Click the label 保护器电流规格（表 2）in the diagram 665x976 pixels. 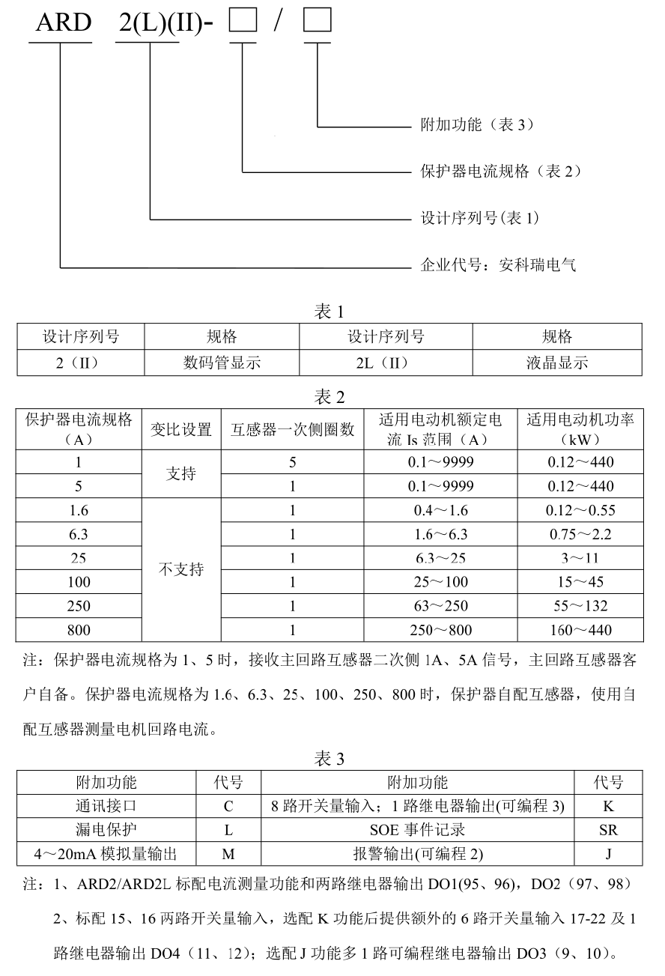point(501,172)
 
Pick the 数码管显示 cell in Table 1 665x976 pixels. point(222,363)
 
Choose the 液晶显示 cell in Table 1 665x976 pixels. point(556,363)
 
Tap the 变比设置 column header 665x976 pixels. point(181,429)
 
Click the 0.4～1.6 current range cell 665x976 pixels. point(440,511)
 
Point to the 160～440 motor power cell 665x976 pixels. point(580,630)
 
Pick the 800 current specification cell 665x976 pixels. point(79,630)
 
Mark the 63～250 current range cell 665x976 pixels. point(440,606)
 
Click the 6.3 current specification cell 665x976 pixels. point(79,535)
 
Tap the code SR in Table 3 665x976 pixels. point(608,830)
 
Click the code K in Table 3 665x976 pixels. point(608,807)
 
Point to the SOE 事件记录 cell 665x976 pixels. point(417,830)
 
